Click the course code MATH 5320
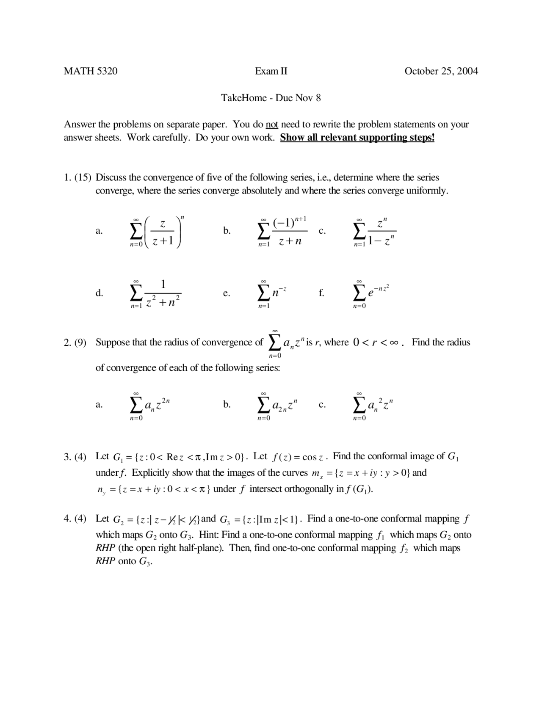(x=91, y=71)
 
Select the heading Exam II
(x=271, y=71)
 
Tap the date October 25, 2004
(x=441, y=71)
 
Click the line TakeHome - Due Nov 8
(x=271, y=98)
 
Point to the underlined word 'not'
(x=271, y=124)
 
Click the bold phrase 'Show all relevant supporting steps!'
(x=357, y=138)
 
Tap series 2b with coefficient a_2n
(x=277, y=406)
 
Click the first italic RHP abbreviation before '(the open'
(x=105, y=548)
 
